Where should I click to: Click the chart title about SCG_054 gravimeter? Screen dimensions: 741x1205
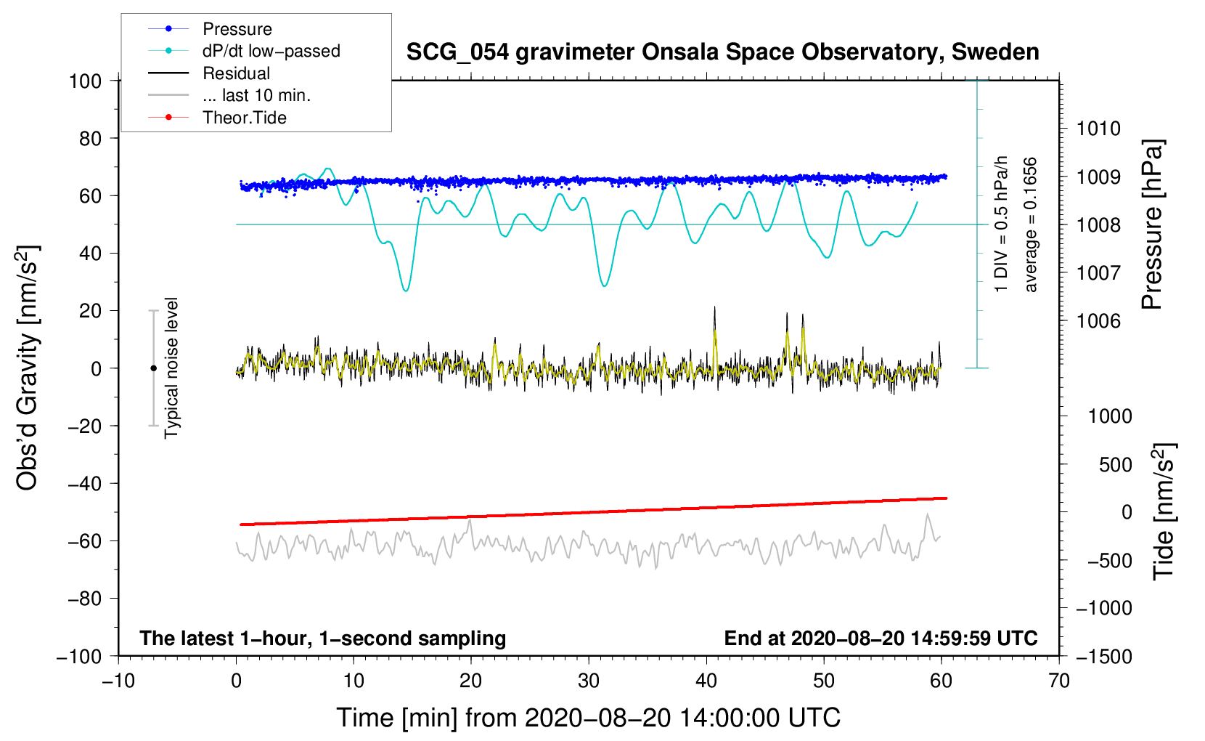point(722,52)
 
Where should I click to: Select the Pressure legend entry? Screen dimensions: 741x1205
point(237,29)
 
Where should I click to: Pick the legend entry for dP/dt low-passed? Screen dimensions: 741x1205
point(271,51)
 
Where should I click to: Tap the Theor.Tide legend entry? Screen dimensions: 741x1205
point(244,118)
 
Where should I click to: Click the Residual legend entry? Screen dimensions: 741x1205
point(236,73)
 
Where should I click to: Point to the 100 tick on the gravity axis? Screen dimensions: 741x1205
point(85,81)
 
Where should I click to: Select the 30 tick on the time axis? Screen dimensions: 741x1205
point(589,681)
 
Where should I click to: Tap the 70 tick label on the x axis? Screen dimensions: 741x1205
point(1059,681)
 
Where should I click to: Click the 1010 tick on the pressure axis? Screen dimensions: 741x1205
point(1098,129)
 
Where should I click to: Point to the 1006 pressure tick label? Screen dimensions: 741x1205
point(1098,321)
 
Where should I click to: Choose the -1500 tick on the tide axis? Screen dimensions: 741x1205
point(1103,656)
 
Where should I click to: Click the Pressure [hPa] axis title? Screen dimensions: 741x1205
point(1152,224)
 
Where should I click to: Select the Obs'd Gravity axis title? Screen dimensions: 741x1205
point(28,368)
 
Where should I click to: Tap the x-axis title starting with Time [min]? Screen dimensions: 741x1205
point(588,718)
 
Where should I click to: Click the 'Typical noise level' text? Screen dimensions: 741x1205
point(171,368)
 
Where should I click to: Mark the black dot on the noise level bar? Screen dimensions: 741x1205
point(153,368)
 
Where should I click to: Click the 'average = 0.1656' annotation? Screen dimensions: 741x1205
point(1031,224)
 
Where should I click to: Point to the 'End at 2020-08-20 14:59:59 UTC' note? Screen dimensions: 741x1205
point(881,639)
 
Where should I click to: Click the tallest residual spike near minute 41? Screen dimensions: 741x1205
point(714,308)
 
